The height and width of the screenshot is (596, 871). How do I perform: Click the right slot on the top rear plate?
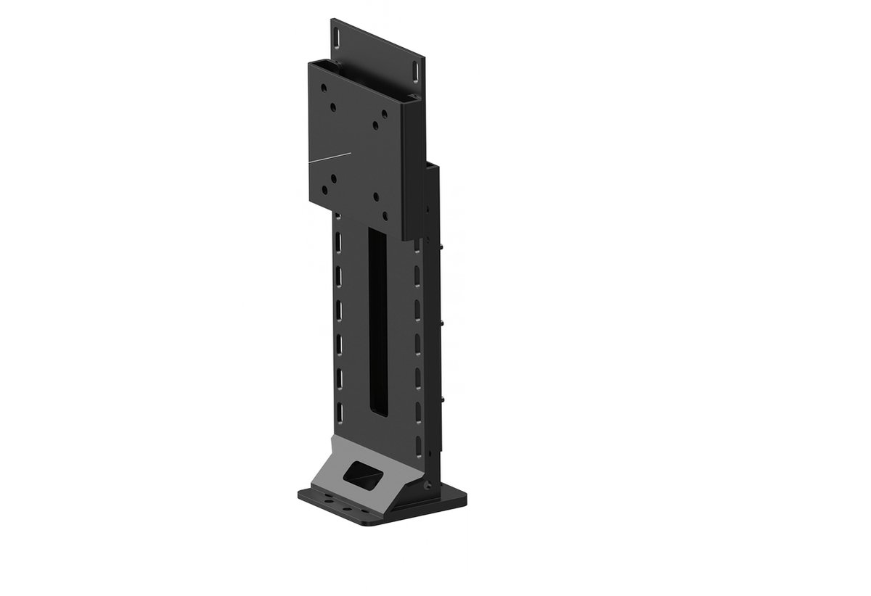(x=416, y=71)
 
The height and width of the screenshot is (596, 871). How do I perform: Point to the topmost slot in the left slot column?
(x=339, y=240)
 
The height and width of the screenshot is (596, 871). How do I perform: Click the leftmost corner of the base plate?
(x=299, y=494)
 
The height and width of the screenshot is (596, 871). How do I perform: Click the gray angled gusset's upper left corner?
(x=332, y=438)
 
